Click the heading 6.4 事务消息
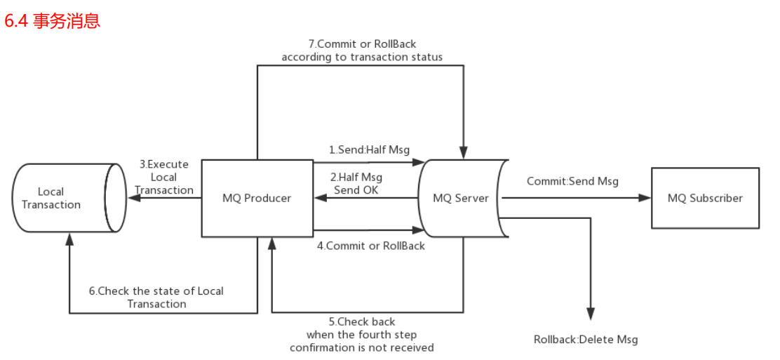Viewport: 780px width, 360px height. click(x=53, y=21)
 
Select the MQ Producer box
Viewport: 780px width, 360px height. click(x=257, y=199)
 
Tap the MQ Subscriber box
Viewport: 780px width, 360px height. click(x=705, y=198)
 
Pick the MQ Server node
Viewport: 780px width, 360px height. click(x=461, y=199)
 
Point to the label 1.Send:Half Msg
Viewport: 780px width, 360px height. click(x=370, y=149)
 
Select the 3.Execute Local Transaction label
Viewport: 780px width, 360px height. click(x=164, y=177)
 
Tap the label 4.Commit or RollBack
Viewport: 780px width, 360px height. click(x=371, y=246)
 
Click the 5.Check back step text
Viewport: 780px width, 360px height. click(x=362, y=335)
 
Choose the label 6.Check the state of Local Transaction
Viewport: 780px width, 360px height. click(x=156, y=297)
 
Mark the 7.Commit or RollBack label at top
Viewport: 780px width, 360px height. click(x=362, y=50)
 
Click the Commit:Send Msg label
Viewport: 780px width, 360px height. click(x=572, y=181)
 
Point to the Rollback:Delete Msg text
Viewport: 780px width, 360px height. click(x=586, y=340)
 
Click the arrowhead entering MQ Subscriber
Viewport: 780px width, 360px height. click(x=645, y=198)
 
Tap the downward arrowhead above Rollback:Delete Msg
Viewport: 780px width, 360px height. click(x=591, y=314)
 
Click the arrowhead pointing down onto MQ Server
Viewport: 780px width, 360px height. click(x=463, y=152)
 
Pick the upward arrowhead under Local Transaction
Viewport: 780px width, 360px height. click(x=69, y=239)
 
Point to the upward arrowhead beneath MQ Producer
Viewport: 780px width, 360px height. click(x=271, y=243)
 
